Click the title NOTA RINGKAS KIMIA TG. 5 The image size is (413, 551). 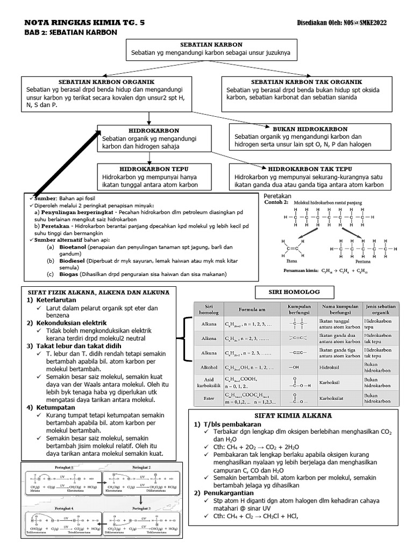click(x=84, y=23)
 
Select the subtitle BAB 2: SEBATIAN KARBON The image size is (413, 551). click(x=71, y=33)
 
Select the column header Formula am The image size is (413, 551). click(x=250, y=310)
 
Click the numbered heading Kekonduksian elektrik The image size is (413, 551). click(x=68, y=322)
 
